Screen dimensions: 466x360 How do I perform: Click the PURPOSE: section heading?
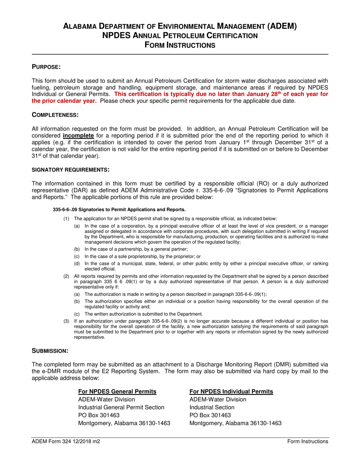46,67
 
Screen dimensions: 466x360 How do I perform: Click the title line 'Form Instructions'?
180,45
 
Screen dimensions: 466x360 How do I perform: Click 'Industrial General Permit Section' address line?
121,407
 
